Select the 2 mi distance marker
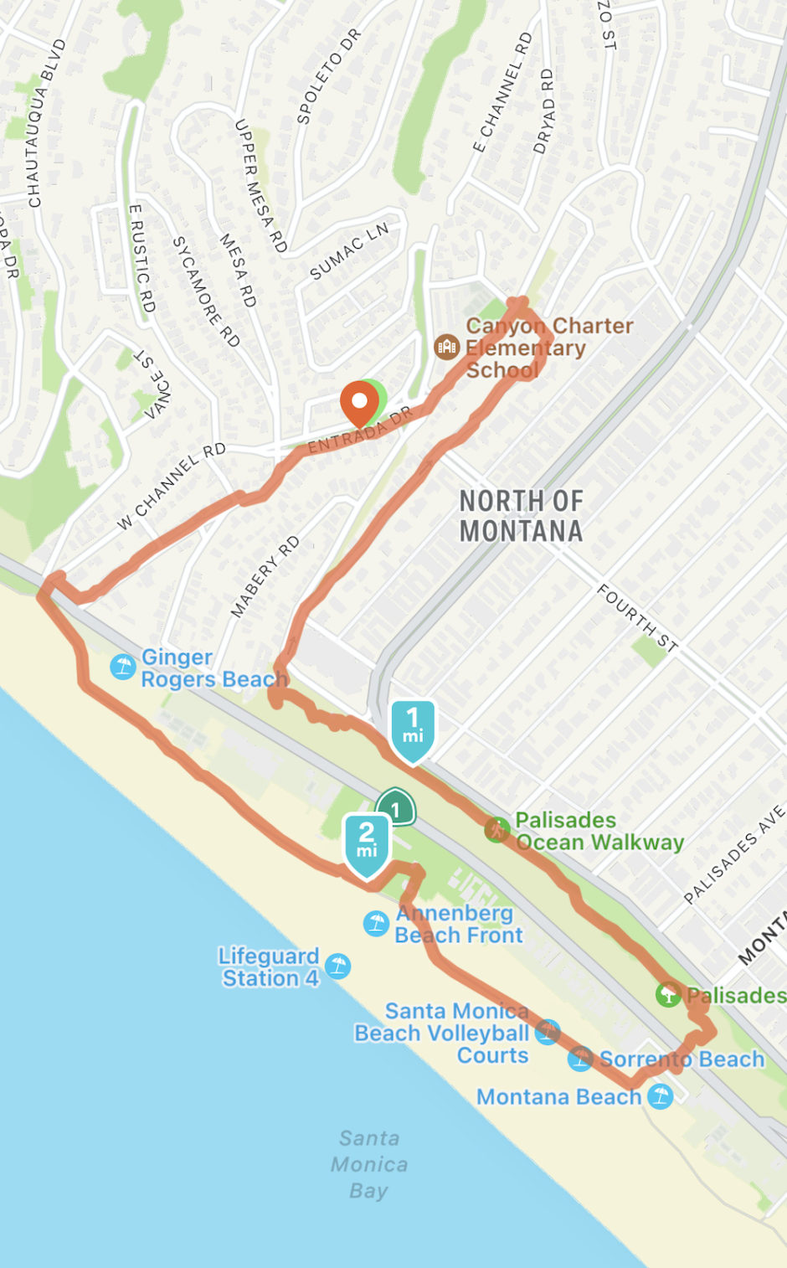pos(367,842)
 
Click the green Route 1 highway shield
pos(396,809)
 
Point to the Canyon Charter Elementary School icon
pos(446,346)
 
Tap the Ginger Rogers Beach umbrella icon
pos(123,667)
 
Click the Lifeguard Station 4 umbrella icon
pos(337,966)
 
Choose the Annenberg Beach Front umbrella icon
pos(376,923)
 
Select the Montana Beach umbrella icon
pos(660,1095)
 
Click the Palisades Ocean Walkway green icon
pos(497,830)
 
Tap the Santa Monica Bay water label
pos(368,1164)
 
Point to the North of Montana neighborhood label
pos(521,516)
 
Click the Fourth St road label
pos(636,619)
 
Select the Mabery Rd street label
pos(265,576)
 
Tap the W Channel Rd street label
pos(172,486)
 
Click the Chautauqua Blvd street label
pos(46,123)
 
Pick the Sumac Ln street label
pos(349,251)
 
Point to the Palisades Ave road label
pos(734,854)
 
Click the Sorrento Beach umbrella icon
pos(580,1059)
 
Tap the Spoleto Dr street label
pos(328,76)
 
